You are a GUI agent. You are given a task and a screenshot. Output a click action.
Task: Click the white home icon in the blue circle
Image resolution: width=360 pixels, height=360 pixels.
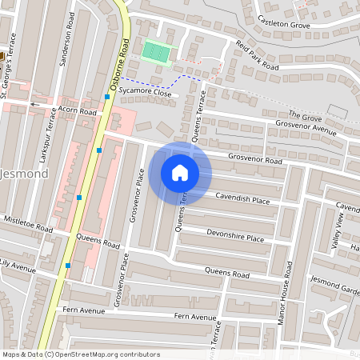[180, 172]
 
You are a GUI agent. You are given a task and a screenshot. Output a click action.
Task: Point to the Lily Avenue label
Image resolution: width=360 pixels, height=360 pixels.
[19, 262]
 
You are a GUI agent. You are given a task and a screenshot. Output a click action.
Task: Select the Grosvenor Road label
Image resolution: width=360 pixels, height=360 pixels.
[255, 161]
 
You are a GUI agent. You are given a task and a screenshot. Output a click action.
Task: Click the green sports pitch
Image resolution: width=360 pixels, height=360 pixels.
[155, 53]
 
